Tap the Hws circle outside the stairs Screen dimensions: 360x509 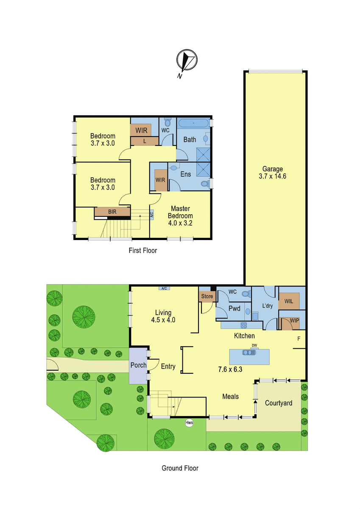[189, 422]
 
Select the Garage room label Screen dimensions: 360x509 [272, 169]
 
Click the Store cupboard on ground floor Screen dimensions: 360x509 [207, 296]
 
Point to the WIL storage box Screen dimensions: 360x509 [289, 301]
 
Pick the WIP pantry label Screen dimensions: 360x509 [294, 321]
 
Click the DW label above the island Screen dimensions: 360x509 [254, 345]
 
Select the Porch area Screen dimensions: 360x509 [138, 366]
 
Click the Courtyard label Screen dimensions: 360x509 [279, 403]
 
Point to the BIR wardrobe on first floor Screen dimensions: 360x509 [112, 212]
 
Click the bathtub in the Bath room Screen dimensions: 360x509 [194, 123]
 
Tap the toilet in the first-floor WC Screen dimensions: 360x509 [167, 122]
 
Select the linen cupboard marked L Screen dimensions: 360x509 [145, 141]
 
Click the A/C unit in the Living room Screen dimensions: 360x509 [164, 288]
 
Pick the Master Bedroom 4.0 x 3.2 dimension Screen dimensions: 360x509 [180, 223]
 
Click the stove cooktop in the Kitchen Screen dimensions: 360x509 [244, 325]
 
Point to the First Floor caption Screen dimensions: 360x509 [142, 250]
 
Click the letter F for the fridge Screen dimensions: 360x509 [299, 338]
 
